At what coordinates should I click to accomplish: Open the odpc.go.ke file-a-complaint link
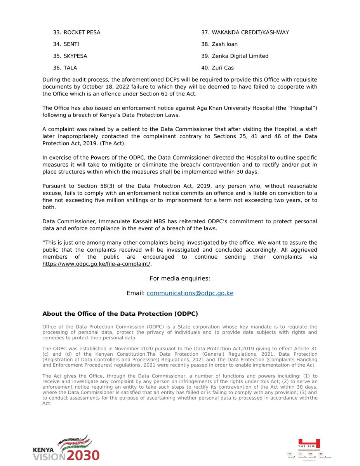pyautogui.click(x=96, y=264)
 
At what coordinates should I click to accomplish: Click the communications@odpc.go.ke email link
pyautogui.click(x=190, y=293)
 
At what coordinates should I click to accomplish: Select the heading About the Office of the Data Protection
pyautogui.click(x=120, y=314)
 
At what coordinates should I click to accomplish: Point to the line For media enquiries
pyautogui.click(x=180, y=278)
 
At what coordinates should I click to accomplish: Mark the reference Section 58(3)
pyautogui.click(x=89, y=186)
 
